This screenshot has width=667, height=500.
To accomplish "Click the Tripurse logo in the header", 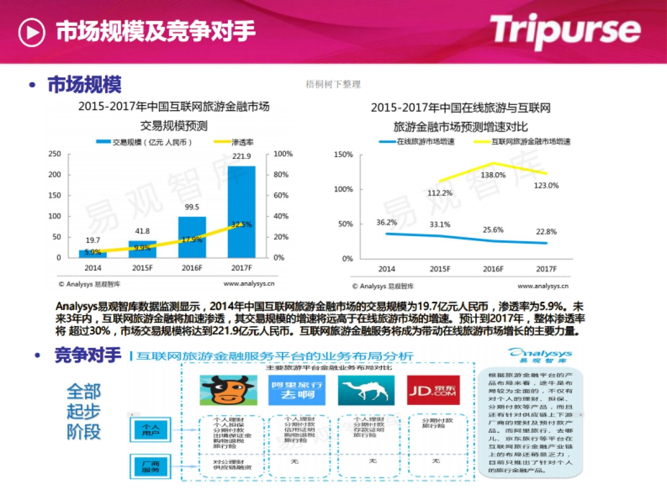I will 565,31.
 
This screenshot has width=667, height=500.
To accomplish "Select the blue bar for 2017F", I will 242,212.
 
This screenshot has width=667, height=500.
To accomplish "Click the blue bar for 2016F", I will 192,237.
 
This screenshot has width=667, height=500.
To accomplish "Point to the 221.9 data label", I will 242,156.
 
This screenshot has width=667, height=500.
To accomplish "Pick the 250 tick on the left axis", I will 54,154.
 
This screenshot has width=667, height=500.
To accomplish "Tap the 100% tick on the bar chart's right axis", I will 283,154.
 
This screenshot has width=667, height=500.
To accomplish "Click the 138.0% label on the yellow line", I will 493,175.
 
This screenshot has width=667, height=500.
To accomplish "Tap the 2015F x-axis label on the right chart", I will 440,269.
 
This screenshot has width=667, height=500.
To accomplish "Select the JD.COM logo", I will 432,390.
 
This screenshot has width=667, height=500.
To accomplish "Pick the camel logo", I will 366,390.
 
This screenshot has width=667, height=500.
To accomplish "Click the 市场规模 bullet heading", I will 84,85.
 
